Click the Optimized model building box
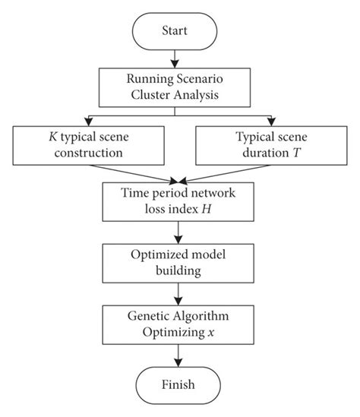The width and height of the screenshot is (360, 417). coord(178,260)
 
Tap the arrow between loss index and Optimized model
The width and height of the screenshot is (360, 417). coord(178,229)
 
